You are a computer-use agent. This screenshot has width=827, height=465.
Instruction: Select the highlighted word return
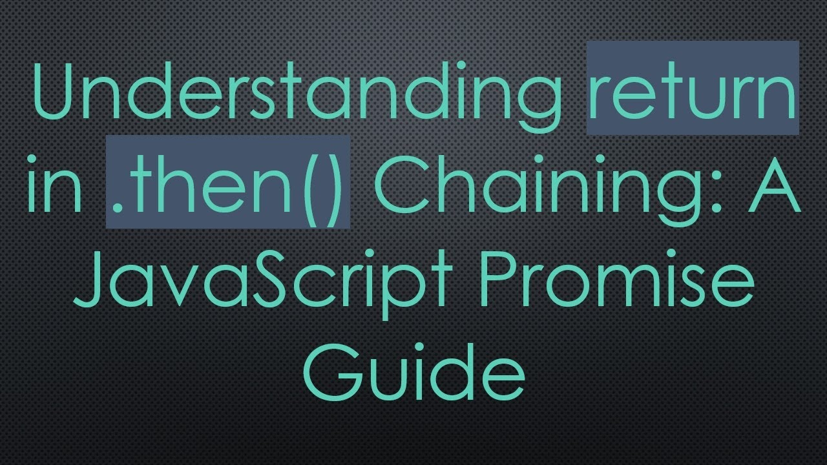coord(693,90)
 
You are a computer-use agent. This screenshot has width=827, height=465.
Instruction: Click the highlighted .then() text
coord(228,183)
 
